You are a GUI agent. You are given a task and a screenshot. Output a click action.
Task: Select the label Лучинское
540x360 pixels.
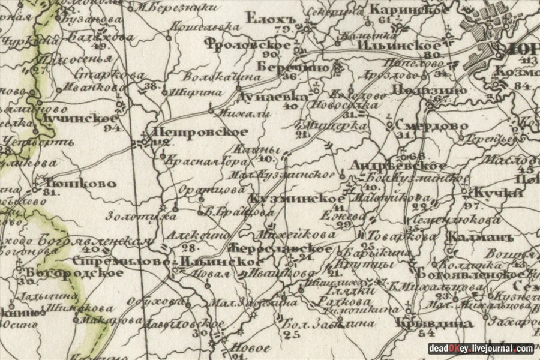point(76,118)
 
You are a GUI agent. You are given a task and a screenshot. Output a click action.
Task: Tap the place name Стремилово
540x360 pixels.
point(120,262)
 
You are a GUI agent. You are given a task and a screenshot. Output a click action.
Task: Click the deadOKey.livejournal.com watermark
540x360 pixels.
point(481,349)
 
